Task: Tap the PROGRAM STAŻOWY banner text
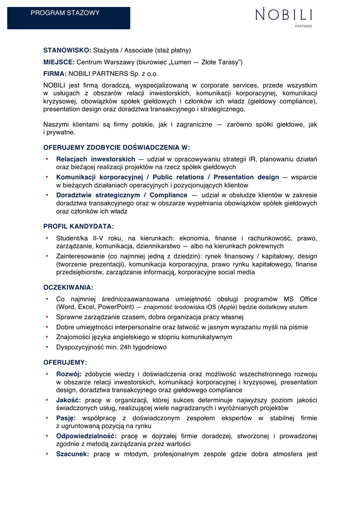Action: [65, 13]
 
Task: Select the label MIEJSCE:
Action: [59, 62]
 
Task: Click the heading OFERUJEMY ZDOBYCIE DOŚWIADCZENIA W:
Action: [117, 147]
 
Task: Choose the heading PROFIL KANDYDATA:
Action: [79, 226]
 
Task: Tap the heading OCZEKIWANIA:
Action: [69, 287]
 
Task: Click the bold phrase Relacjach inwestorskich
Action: [95, 159]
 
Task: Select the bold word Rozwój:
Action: [69, 374]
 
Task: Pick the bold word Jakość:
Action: [69, 400]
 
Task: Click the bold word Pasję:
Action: [66, 418]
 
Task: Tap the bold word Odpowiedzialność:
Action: [86, 436]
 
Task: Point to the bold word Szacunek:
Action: [72, 453]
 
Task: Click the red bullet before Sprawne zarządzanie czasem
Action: [46, 317]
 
